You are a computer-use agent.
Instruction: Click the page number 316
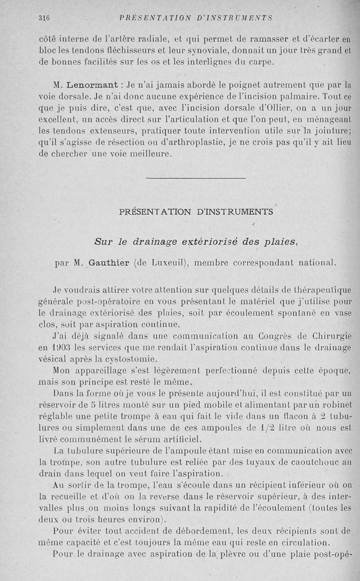[44, 18]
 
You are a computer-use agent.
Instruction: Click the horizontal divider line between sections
[196, 179]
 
